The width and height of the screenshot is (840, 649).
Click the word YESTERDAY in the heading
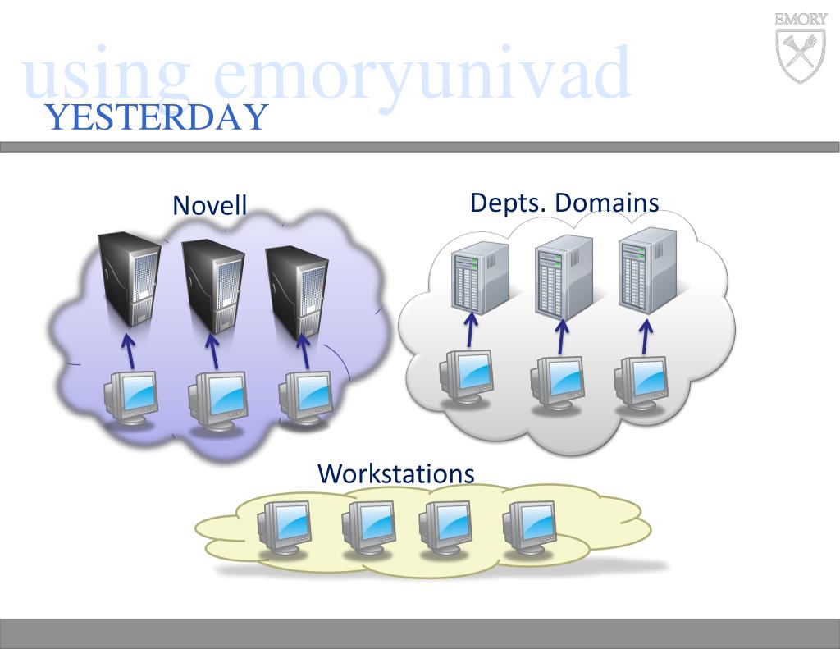point(157,118)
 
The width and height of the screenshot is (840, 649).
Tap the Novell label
point(209,205)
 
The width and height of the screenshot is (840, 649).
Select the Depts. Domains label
point(564,202)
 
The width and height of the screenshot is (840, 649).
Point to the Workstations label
point(395,473)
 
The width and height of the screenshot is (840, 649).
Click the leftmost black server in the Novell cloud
point(129,279)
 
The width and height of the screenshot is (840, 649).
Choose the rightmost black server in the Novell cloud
point(297,288)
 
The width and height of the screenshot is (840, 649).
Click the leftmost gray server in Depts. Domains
point(480,275)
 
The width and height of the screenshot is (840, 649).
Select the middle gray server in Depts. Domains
point(564,275)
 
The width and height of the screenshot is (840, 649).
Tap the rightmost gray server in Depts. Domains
point(647,271)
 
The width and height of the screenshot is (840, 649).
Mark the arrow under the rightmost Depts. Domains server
point(646,336)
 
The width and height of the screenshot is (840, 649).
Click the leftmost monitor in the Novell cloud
point(130,398)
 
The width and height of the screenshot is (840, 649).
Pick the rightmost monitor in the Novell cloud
point(305,399)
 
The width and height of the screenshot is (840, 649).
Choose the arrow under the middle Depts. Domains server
point(561,336)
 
